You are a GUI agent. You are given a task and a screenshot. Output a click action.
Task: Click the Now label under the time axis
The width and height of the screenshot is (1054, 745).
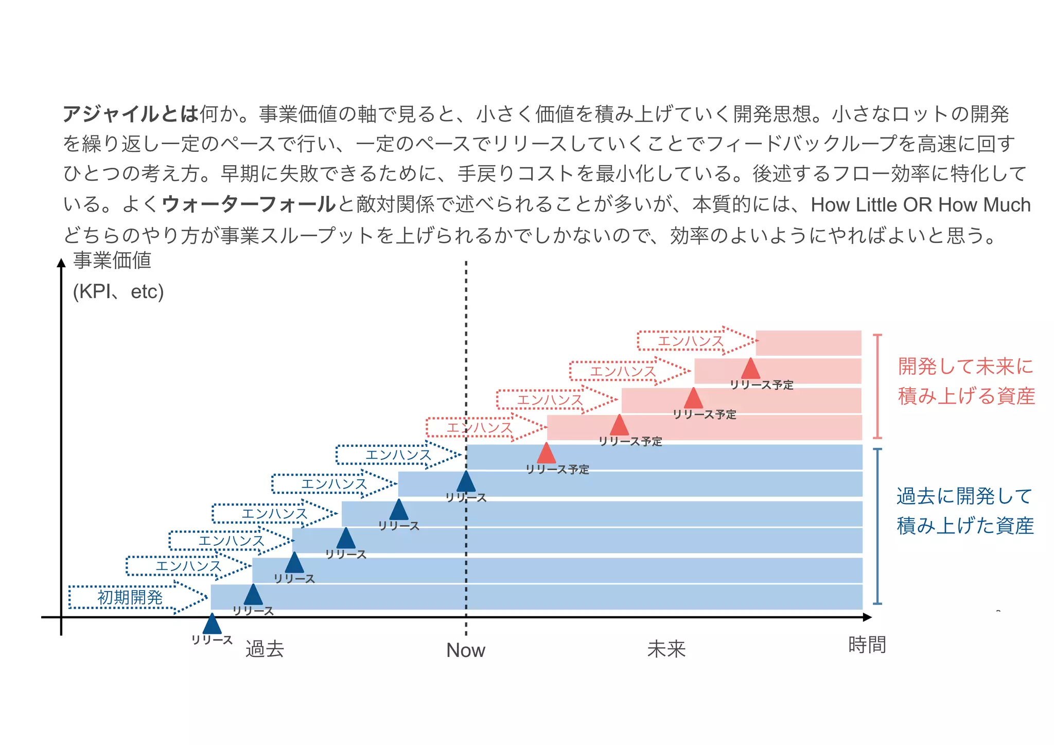coord(465,650)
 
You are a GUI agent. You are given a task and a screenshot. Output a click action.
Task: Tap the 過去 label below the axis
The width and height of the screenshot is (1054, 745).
coord(265,649)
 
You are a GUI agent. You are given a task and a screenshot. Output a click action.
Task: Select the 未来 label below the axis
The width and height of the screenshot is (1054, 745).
coord(666,649)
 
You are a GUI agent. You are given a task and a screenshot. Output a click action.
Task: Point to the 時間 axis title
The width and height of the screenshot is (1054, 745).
coord(867,645)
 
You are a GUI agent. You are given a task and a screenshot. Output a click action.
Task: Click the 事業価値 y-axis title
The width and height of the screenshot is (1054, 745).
coord(112,261)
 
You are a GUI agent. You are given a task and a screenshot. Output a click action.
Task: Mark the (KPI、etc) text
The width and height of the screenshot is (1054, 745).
coord(118,292)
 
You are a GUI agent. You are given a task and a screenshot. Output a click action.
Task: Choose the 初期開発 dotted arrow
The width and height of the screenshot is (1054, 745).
coord(136,597)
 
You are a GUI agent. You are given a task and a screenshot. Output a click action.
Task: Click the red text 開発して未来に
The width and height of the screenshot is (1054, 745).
coord(965,367)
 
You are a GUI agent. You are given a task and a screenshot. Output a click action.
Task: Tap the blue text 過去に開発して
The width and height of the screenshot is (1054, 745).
coord(964,496)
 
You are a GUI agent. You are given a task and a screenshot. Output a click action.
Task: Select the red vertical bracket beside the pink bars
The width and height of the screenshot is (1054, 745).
coord(877,386)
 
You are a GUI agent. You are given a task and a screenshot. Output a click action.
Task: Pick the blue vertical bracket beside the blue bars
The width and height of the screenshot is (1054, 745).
coord(877,526)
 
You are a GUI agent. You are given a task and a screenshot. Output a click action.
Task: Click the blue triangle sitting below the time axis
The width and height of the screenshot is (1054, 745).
coord(212,625)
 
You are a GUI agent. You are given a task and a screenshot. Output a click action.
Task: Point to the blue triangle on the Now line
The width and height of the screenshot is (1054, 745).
coord(466,482)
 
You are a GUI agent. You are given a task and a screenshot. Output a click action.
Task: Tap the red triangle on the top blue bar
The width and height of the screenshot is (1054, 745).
coord(546,454)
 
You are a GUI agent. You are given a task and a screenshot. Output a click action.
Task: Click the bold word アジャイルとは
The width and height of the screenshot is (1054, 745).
coord(131,114)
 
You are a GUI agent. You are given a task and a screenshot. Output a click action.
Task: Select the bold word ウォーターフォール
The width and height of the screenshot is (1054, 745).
coord(249,204)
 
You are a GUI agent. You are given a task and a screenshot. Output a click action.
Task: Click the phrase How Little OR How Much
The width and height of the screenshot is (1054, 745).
coord(920,205)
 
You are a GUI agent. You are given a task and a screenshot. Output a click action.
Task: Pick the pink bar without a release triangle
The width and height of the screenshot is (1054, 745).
coord(808,343)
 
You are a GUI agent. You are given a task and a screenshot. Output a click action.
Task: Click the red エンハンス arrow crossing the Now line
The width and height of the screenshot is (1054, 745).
coord(484,428)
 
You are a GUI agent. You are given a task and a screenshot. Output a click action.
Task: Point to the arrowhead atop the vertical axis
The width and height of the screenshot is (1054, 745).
coord(61,263)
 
